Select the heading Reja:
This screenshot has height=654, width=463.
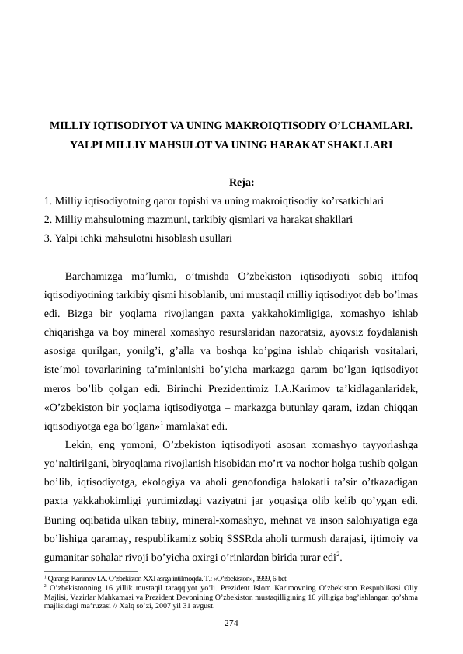pyautogui.click(x=242, y=183)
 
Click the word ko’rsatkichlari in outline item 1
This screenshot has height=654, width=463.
pyautogui.click(x=353, y=200)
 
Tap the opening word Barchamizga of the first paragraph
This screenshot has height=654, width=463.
pyautogui.click(x=97, y=277)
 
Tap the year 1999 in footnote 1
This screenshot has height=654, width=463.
pyautogui.click(x=258, y=578)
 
